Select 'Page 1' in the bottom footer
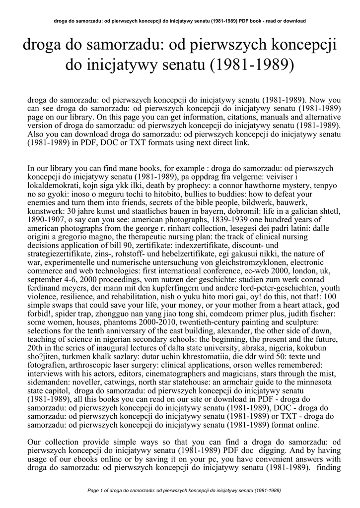click(97, 490)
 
